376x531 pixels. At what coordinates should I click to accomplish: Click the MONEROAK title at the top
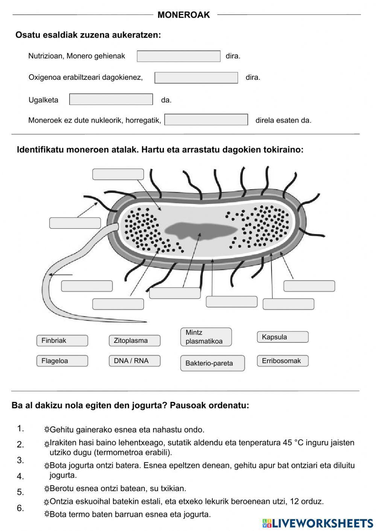183,15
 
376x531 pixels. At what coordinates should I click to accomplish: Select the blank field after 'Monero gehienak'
179,56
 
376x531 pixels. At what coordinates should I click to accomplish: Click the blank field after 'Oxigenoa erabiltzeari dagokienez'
196,78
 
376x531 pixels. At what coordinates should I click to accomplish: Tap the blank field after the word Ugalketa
111,99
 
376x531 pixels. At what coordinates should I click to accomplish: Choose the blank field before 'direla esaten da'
206,120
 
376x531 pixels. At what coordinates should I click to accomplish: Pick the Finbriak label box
62,341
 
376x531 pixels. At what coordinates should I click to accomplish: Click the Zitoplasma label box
135,341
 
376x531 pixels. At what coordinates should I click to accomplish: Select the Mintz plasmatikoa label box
206,337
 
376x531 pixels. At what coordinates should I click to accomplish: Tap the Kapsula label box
282,337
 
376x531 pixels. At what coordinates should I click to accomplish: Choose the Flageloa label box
62,361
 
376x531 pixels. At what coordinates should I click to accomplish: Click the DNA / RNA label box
135,361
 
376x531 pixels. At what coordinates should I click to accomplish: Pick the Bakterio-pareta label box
212,363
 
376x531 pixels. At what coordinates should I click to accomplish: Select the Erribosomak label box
282,361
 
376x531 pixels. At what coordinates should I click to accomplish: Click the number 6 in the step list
20,508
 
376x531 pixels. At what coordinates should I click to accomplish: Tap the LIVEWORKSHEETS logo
317,523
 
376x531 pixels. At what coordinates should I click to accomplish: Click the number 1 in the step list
20,428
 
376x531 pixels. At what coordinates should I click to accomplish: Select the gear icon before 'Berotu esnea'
47,489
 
